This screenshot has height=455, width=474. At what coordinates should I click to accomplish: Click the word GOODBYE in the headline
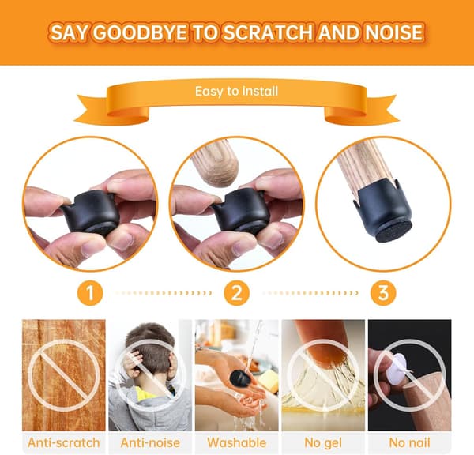[140, 32]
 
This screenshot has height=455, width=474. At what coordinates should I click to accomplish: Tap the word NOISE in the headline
[394, 32]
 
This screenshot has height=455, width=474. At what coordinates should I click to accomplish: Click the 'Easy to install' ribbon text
[236, 91]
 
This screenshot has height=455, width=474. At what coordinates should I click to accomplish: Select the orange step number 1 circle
[90, 293]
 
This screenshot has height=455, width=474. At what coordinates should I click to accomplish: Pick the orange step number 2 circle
[237, 293]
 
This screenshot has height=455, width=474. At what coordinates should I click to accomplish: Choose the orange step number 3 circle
[383, 293]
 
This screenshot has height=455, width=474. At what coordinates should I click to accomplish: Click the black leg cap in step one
[91, 211]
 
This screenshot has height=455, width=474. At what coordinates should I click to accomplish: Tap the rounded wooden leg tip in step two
[217, 166]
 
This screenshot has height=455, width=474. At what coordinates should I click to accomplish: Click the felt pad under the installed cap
[393, 231]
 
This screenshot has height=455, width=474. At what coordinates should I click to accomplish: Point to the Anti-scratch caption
[64, 442]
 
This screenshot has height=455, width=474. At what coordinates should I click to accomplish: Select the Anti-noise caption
[150, 442]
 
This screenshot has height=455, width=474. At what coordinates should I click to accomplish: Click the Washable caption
[237, 442]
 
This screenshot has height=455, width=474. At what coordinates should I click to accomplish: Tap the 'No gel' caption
[323, 443]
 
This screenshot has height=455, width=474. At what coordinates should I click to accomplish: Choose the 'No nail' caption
[409, 442]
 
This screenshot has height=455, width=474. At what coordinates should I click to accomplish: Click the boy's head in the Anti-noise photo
[150, 348]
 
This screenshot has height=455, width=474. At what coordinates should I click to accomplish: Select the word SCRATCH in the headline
[269, 32]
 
